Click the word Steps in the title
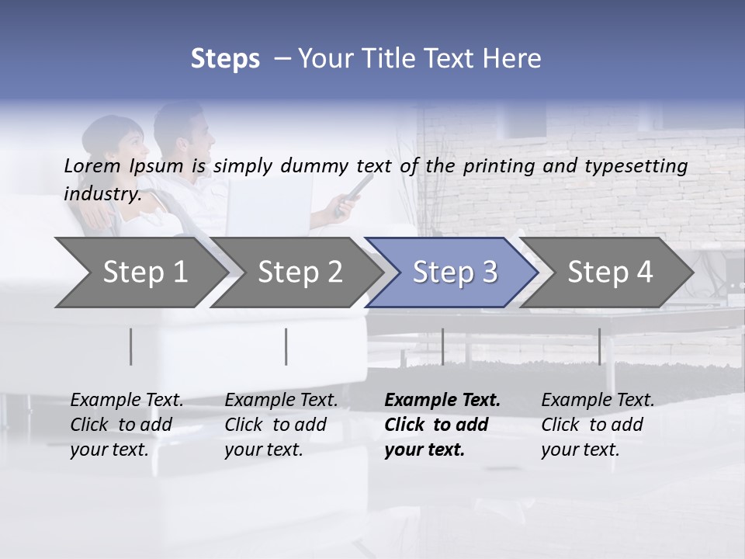[x=225, y=58]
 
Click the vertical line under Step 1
[x=131, y=346]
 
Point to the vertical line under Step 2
[x=286, y=346]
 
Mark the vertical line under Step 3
[x=442, y=346]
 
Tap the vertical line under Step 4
[x=599, y=346]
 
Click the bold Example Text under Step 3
[x=442, y=424]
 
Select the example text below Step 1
[x=126, y=424]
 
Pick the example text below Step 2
[x=281, y=424]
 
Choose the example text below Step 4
[x=598, y=424]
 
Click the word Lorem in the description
[x=92, y=165]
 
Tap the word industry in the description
[x=102, y=193]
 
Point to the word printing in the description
[x=487, y=166]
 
